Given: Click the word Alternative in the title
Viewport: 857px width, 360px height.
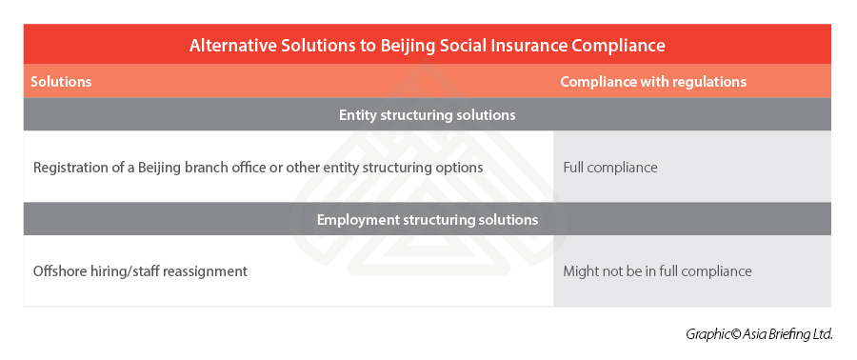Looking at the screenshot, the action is (233, 46).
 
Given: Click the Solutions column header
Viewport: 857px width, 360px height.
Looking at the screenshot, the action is (61, 81).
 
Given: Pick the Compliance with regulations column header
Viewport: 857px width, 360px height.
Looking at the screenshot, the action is (653, 81).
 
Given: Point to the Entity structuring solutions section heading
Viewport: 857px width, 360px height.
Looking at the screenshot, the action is (428, 115).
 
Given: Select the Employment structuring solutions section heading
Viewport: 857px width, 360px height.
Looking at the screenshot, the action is (428, 220).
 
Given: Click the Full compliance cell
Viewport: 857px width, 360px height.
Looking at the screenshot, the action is (610, 168).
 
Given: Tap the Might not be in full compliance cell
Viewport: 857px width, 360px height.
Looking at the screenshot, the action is (657, 271).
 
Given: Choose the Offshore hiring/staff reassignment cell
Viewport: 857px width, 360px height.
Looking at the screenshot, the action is (141, 271).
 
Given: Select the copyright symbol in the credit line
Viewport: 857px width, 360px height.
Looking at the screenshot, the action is (731, 334).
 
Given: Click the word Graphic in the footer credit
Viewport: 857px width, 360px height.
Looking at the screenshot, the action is (706, 334).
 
